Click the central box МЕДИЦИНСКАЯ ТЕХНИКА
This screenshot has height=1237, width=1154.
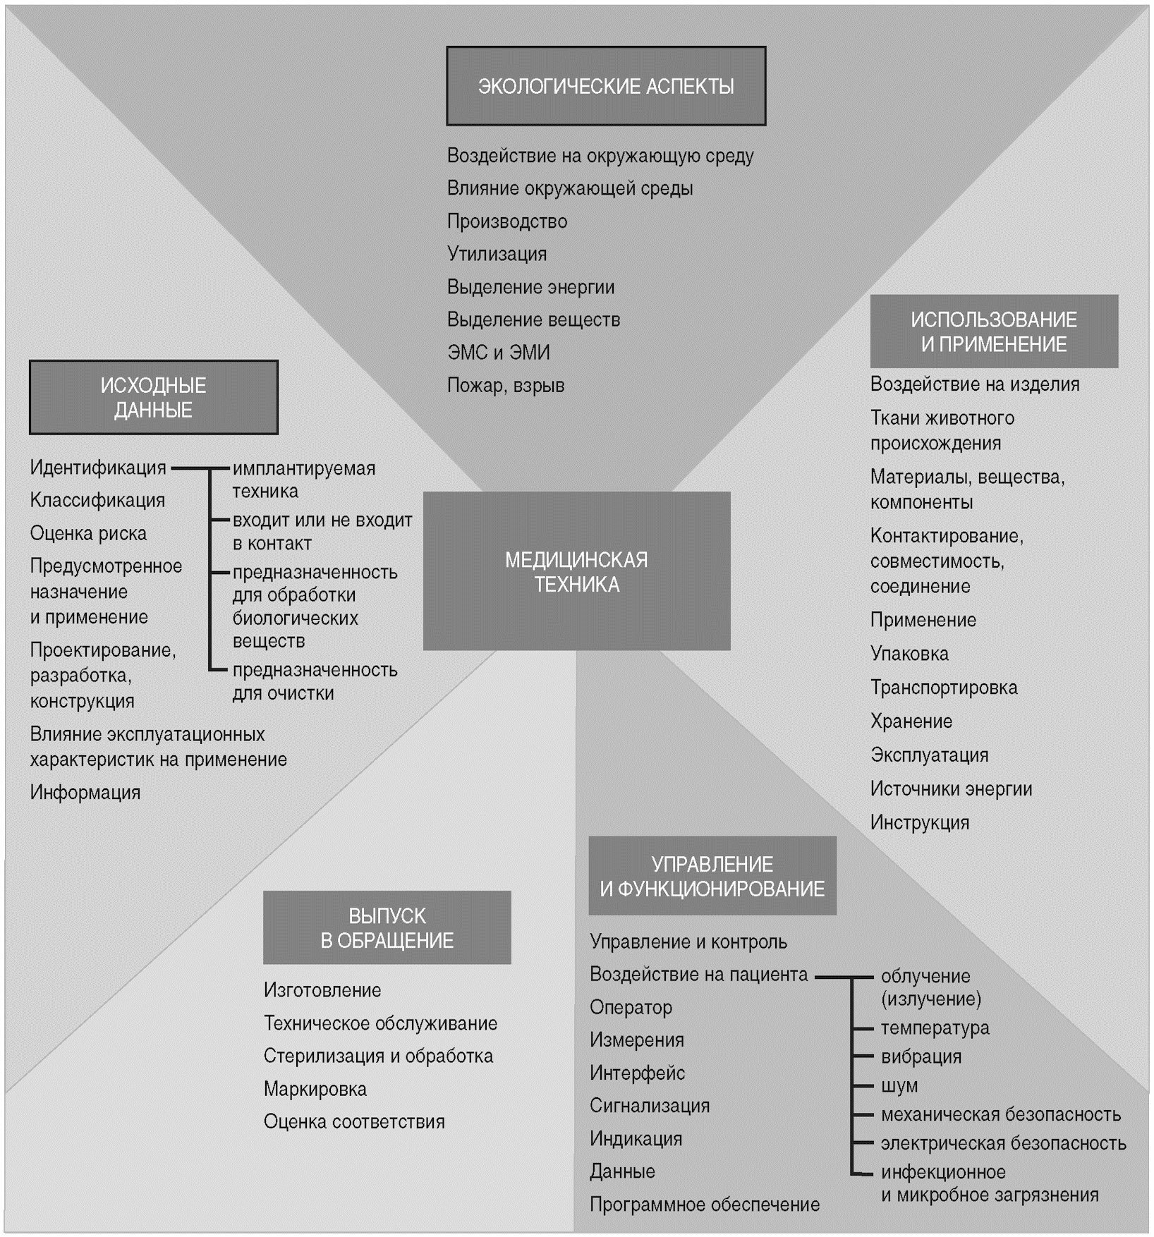pyautogui.click(x=576, y=571)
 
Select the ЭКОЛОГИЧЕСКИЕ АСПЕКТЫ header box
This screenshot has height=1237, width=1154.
pyautogui.click(x=606, y=86)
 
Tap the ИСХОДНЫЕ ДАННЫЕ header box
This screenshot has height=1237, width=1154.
pyautogui.click(x=153, y=398)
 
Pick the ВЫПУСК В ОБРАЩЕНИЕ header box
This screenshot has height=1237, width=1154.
pyautogui.click(x=387, y=927)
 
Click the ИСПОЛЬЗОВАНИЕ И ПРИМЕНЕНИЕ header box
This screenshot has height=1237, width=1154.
pyautogui.click(x=993, y=331)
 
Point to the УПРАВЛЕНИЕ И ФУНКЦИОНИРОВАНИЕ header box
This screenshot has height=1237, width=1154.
pyautogui.click(x=712, y=876)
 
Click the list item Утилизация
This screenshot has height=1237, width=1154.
pyautogui.click(x=497, y=254)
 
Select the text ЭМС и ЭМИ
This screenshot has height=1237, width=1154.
pyautogui.click(x=498, y=353)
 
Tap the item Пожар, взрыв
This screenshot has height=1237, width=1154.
pyautogui.click(x=505, y=386)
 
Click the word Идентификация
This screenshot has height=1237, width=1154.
pyautogui.click(x=98, y=468)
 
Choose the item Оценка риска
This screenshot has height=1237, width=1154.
pyautogui.click(x=88, y=533)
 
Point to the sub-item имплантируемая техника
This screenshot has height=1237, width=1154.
pyautogui.click(x=303, y=480)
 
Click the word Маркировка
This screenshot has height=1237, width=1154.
pyautogui.click(x=315, y=1089)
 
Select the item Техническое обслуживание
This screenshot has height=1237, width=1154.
pyautogui.click(x=380, y=1023)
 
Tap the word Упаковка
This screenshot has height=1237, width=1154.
pyautogui.click(x=909, y=654)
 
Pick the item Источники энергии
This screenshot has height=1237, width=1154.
pyautogui.click(x=951, y=788)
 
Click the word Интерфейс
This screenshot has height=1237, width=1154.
pyautogui.click(x=637, y=1073)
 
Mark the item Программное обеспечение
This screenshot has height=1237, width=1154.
pyautogui.click(x=704, y=1204)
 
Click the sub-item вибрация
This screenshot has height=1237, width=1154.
pyautogui.click(x=921, y=1056)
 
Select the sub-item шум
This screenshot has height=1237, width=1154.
pyautogui.click(x=899, y=1085)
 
